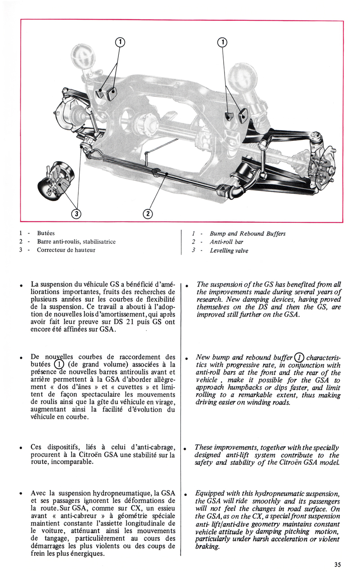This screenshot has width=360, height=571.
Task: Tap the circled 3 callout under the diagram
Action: click(77, 213)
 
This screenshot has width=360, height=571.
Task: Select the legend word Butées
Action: click(46, 234)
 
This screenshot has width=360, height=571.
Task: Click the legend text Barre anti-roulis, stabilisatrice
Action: click(76, 242)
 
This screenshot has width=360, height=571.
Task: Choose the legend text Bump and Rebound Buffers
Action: click(247, 234)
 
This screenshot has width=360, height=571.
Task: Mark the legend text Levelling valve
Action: click(229, 251)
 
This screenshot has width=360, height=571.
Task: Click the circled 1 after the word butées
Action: click(58, 365)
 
